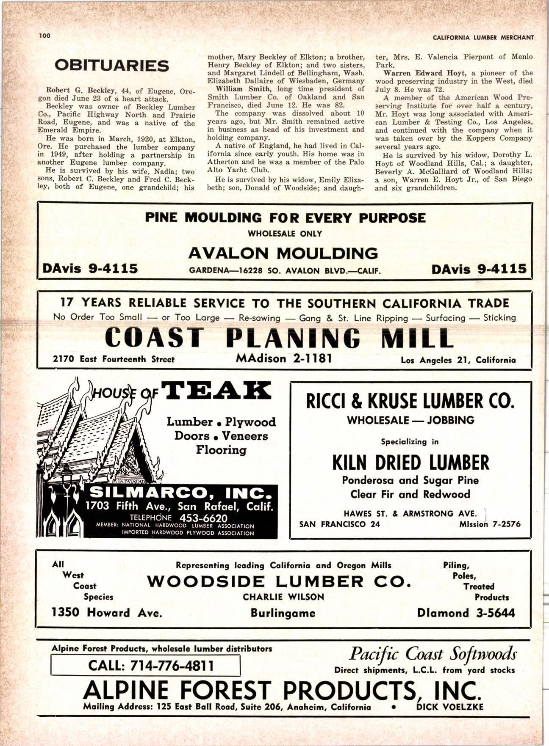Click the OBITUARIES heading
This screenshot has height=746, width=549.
(112, 66)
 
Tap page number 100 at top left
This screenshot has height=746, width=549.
(44, 36)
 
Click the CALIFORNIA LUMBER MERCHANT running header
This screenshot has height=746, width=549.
(483, 37)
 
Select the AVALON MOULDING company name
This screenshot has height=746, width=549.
(283, 253)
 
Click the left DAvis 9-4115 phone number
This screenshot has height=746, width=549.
(90, 268)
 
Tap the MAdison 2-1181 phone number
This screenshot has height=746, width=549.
(283, 359)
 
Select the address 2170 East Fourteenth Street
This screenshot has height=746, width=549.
(114, 359)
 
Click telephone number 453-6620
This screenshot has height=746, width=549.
(203, 518)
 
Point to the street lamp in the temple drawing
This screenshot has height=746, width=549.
(67, 474)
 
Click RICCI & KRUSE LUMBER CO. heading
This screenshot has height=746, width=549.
(410, 401)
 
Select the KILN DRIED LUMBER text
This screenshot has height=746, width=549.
(410, 462)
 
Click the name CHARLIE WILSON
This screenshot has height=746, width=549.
(283, 597)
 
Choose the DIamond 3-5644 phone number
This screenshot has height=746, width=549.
(466, 613)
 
